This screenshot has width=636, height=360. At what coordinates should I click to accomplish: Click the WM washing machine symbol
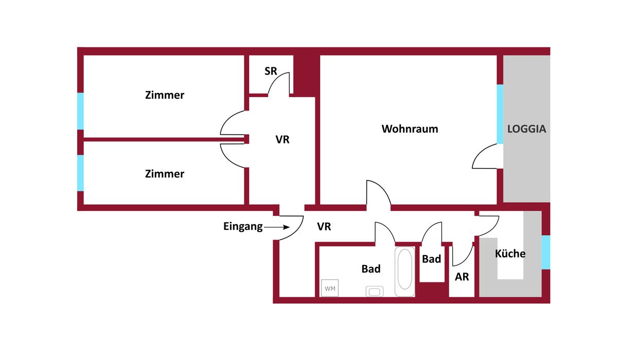coord(330,288)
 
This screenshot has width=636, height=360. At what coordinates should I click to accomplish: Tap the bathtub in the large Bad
coord(405,272)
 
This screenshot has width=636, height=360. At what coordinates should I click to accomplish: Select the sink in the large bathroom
coord(375,292)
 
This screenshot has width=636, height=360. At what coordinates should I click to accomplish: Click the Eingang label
coord(243,227)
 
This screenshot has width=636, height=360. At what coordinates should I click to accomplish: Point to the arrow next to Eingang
coord(276,227)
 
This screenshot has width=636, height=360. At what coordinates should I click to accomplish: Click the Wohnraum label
coord(410,129)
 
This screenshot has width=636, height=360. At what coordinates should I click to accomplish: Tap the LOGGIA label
coord(527,129)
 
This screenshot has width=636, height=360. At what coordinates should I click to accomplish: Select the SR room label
coord(271,71)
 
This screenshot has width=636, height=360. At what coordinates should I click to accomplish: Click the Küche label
coord(510,254)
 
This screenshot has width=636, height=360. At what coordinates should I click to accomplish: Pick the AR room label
coord(462,277)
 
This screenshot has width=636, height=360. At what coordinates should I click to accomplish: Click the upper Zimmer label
coord(165,95)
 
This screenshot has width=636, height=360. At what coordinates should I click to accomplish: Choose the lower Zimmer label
coord(165,174)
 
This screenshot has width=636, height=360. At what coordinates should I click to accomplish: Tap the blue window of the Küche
coord(546,252)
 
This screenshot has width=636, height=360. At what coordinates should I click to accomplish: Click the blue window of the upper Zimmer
coord(81,111)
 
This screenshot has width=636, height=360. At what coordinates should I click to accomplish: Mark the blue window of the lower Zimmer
coord(81,173)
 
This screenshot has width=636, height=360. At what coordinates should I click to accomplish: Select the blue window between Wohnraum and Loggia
coord(500,114)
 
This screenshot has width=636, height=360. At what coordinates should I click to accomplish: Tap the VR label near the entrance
coord(324,227)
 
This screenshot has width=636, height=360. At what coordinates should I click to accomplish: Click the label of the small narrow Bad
coord(432,259)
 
